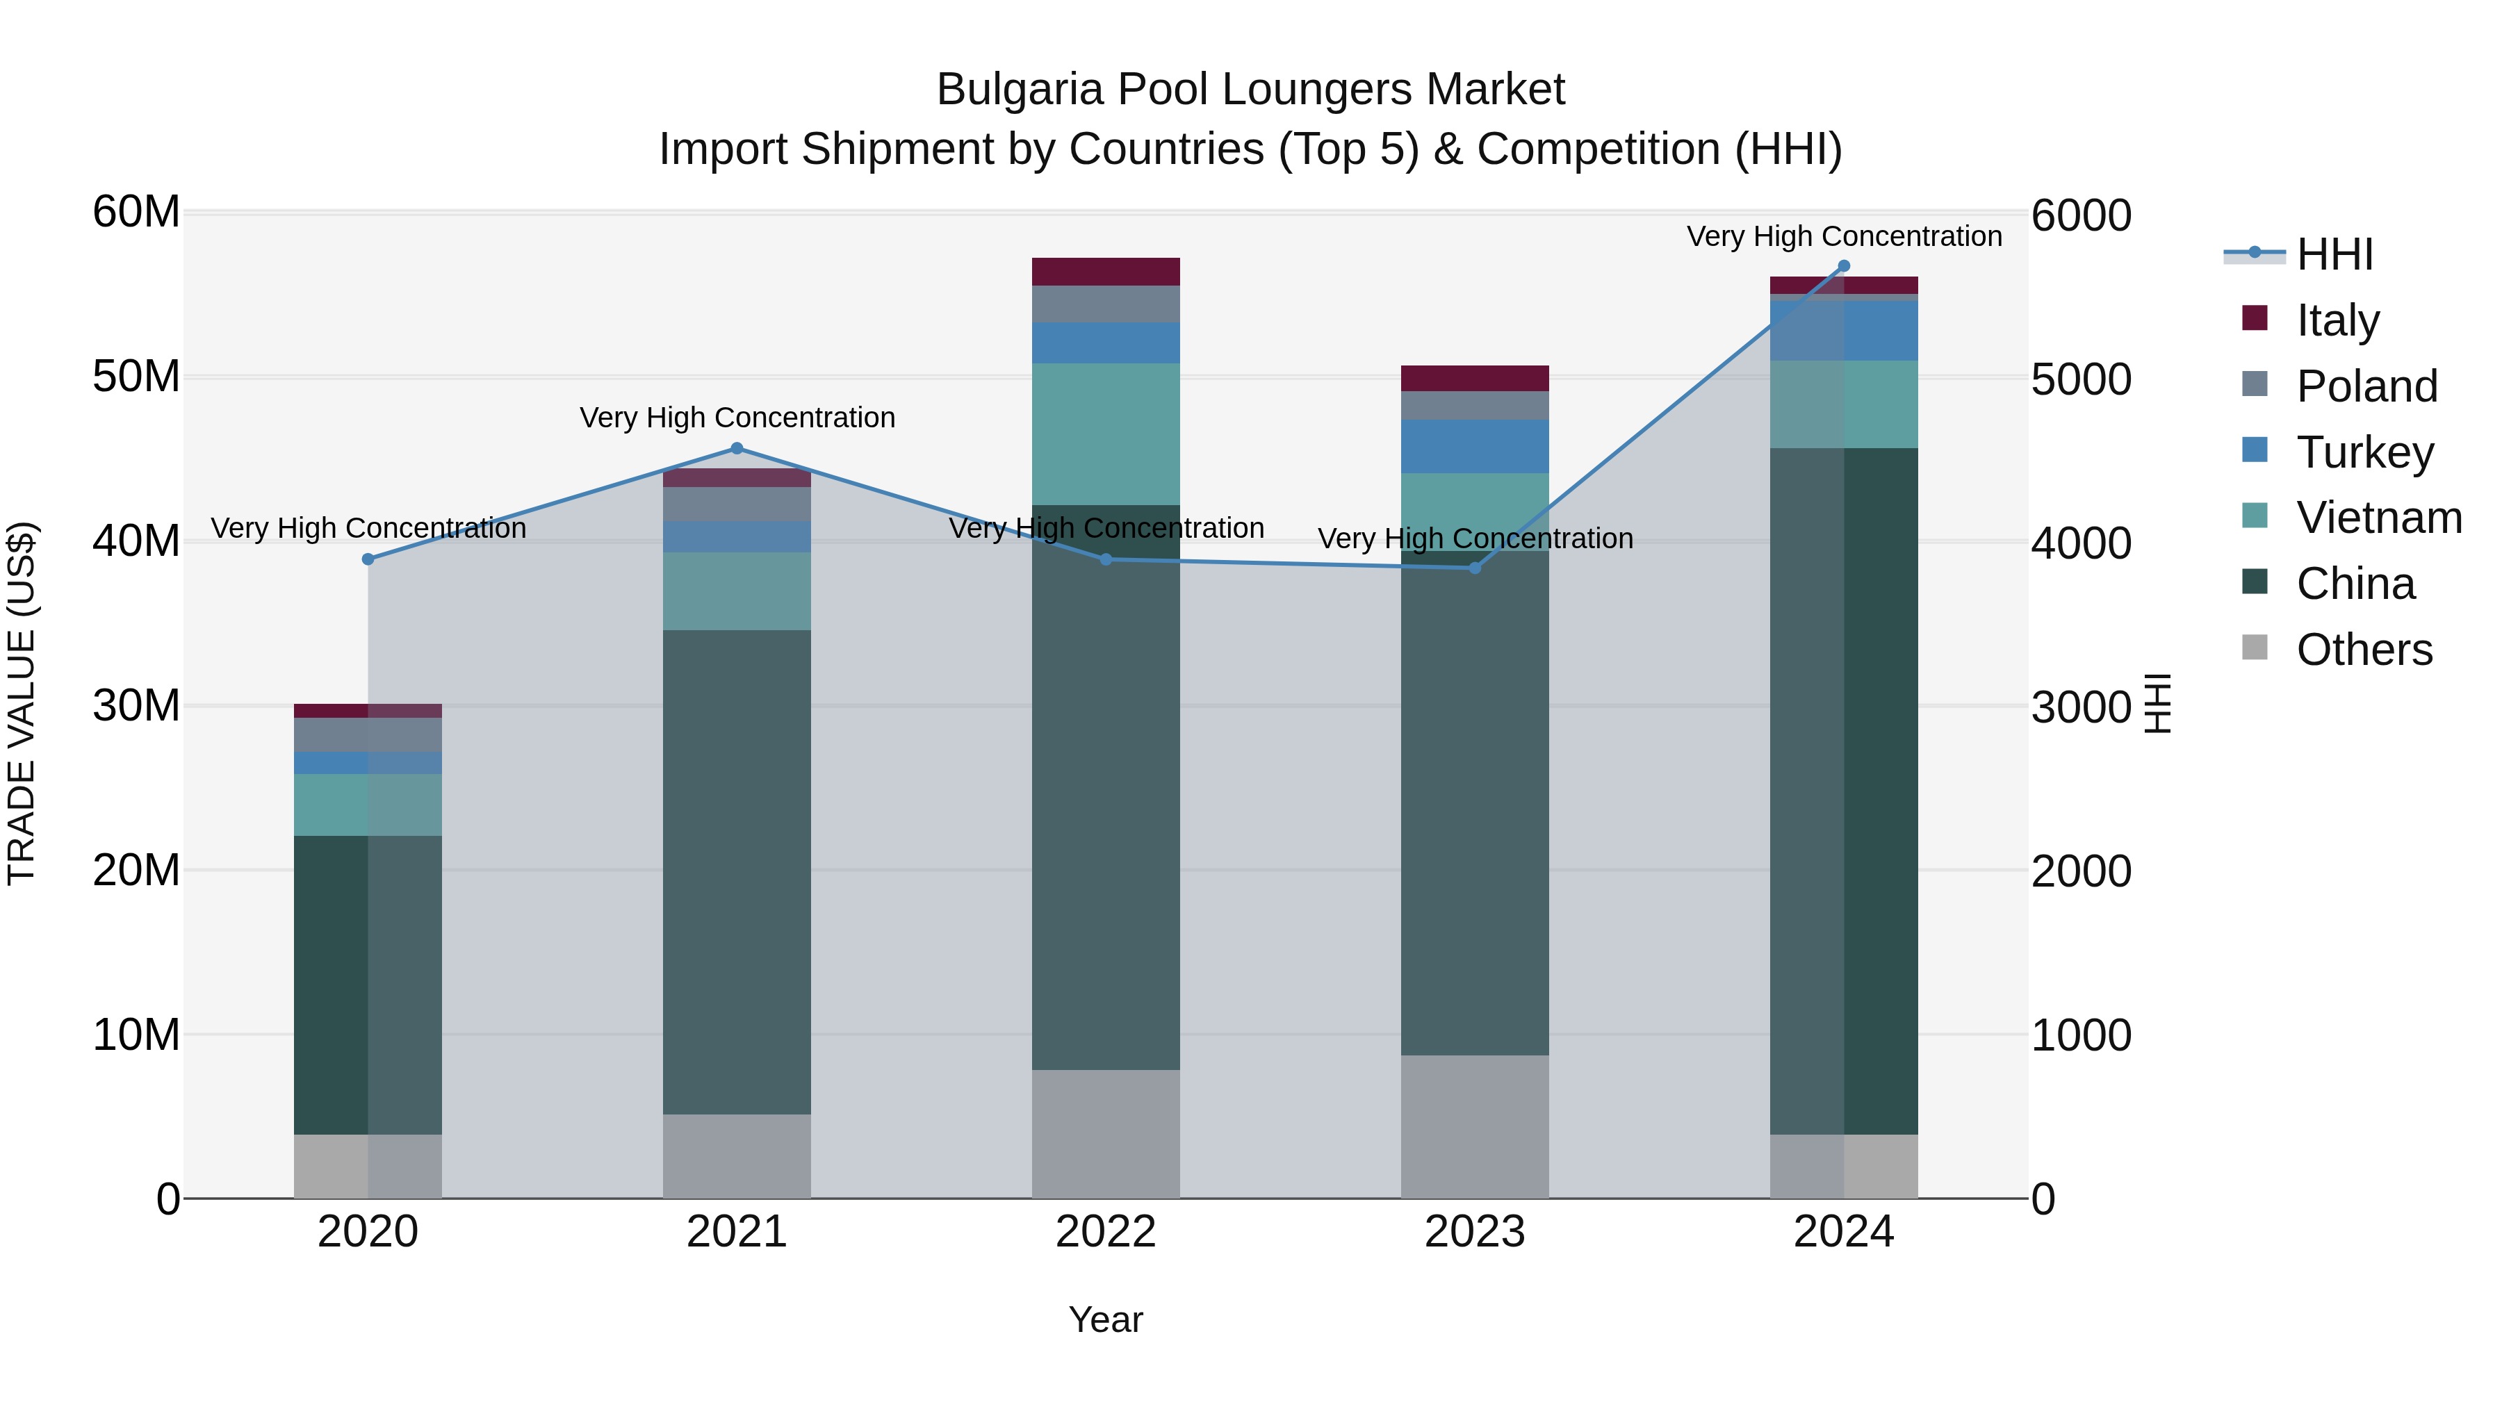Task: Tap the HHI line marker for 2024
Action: pos(1843,266)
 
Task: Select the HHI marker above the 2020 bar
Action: pos(368,559)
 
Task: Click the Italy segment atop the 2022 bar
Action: pos(1105,272)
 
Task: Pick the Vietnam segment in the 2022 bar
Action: pos(1105,434)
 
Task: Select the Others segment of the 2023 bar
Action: pos(1474,1126)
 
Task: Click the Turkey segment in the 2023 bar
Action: pos(1474,447)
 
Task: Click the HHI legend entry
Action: pos(2334,254)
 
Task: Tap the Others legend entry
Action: pos(2363,650)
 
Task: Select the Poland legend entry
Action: pos(2366,386)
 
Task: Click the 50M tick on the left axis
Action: pos(136,377)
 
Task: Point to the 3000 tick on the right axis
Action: pos(2080,707)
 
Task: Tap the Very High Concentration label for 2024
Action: pos(1843,236)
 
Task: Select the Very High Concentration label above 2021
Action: pos(737,418)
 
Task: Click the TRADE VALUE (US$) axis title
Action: pos(22,703)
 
